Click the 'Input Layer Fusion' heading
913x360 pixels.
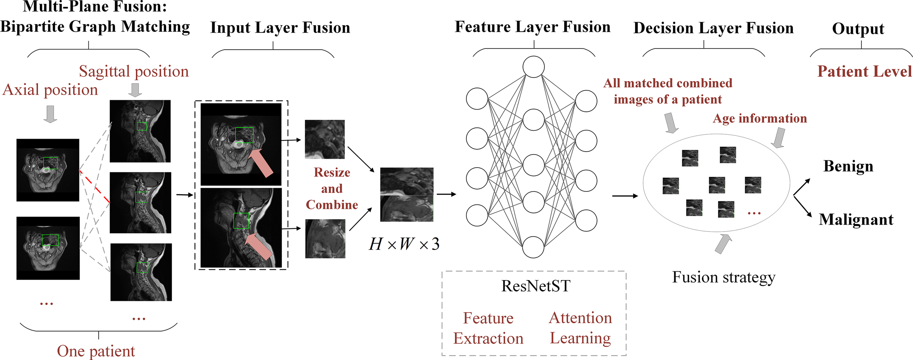[x=280, y=28]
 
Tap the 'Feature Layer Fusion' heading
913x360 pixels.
[x=532, y=27]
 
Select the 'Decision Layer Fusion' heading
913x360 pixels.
[x=713, y=28]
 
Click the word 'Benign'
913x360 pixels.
[x=848, y=166]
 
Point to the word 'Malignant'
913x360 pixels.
[x=856, y=220]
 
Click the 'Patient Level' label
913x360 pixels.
[x=864, y=71]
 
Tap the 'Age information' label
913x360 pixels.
[x=760, y=119]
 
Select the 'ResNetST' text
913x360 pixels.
[x=535, y=286]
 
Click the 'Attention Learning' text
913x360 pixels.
[x=580, y=328]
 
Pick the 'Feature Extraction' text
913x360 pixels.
[x=488, y=328]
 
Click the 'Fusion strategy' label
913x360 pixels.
[x=723, y=277]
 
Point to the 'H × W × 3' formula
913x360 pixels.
[x=404, y=244]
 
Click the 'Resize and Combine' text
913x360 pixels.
[x=332, y=188]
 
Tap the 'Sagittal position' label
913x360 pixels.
[x=134, y=72]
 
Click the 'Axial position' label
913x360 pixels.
[x=50, y=90]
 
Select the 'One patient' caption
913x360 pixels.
[x=96, y=351]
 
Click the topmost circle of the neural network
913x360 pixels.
[x=533, y=67]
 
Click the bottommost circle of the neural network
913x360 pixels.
[x=533, y=247]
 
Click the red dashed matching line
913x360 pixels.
[x=94, y=186]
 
